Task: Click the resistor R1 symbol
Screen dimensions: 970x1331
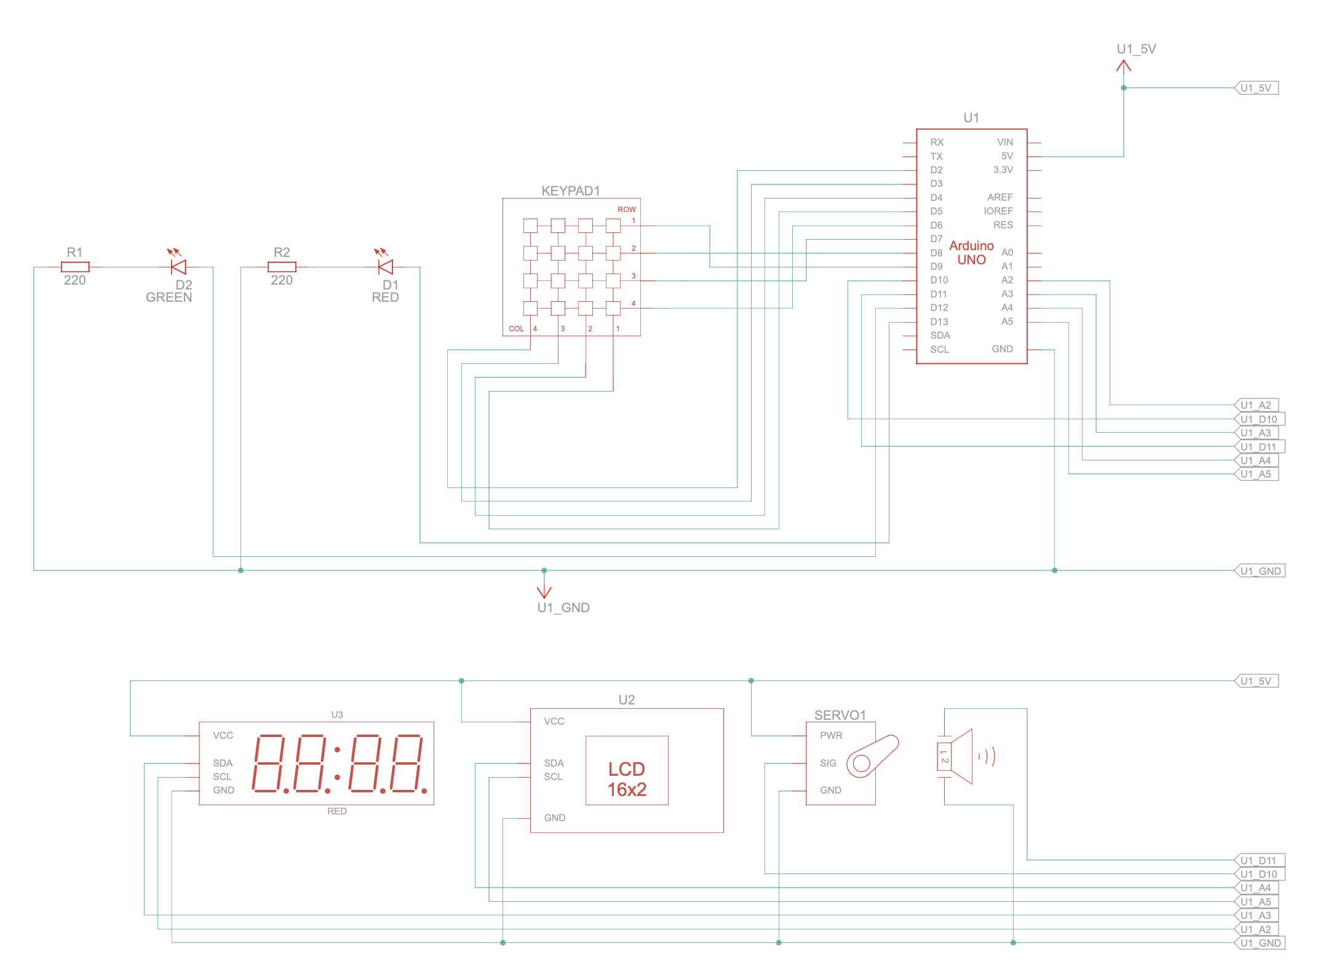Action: click(x=75, y=267)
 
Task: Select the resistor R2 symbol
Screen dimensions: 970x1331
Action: click(x=282, y=267)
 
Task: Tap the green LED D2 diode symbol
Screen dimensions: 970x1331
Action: click(x=179, y=267)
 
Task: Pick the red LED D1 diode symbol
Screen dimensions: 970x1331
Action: click(x=386, y=267)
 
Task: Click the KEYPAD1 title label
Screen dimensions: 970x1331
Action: click(x=570, y=191)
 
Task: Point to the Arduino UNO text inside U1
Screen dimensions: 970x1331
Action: click(x=971, y=253)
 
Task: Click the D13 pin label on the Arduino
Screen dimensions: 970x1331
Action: click(x=939, y=321)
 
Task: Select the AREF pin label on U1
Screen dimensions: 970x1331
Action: click(x=999, y=197)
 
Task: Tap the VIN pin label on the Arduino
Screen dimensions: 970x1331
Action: click(x=1004, y=142)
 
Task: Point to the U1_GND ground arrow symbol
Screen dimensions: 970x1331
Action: click(x=544, y=591)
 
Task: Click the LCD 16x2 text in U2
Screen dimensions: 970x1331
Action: click(x=627, y=779)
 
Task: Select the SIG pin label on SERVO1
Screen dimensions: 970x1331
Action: click(x=828, y=763)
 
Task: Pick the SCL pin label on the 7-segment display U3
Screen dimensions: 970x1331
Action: click(x=222, y=776)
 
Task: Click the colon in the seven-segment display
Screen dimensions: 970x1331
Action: click(x=337, y=763)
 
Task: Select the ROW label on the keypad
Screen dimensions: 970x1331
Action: click(x=626, y=210)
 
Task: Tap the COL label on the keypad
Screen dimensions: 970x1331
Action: click(x=516, y=329)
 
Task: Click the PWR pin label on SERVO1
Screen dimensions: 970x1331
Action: click(x=831, y=735)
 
